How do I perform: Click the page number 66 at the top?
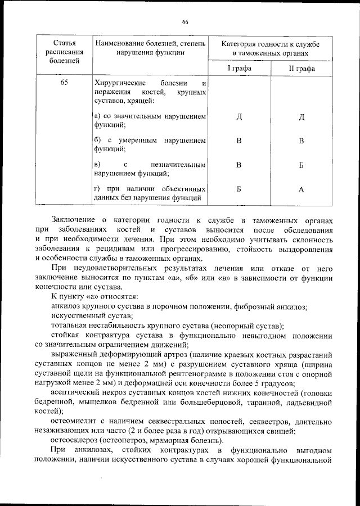(184, 22)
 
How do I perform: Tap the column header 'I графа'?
(239, 68)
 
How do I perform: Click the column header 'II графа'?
(301, 69)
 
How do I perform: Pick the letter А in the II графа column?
(301, 189)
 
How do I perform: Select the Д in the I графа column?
(239, 116)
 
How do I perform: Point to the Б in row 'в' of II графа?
(301, 165)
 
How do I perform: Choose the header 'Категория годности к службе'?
(271, 43)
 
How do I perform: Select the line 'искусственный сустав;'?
(83, 316)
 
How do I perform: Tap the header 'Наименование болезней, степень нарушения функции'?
(150, 47)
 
